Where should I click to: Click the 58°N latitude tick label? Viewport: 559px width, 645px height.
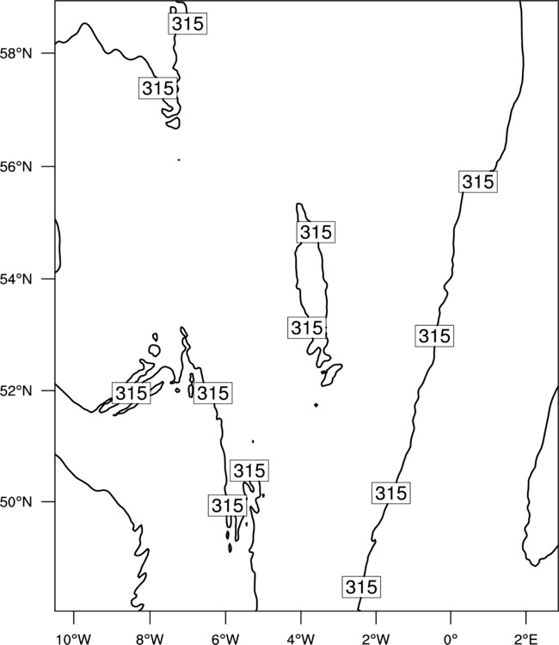[x=16, y=53]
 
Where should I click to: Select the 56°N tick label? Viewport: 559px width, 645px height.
[x=16, y=167]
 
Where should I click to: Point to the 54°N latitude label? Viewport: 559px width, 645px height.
[x=16, y=279]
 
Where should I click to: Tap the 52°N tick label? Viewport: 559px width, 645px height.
[x=16, y=390]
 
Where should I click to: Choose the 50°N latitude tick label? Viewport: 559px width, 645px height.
[x=16, y=502]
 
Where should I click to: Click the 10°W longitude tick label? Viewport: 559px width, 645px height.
[x=74, y=639]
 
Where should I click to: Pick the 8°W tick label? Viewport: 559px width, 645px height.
[x=150, y=639]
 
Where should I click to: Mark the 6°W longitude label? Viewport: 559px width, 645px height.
[x=225, y=639]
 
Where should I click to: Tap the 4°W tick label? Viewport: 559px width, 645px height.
[x=301, y=639]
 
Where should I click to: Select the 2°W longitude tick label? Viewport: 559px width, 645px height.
[x=376, y=639]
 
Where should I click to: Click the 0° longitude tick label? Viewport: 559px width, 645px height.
[x=451, y=639]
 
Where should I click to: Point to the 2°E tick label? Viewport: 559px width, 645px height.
[x=526, y=639]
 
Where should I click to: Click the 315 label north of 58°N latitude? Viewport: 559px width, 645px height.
[x=187, y=23]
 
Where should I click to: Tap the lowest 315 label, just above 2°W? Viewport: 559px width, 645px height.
[x=361, y=587]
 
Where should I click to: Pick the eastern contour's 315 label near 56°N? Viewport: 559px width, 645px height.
[x=477, y=181]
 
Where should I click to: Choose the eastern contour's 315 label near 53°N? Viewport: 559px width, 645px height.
[x=434, y=335]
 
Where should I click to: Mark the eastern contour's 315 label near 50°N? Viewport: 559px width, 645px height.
[x=390, y=493]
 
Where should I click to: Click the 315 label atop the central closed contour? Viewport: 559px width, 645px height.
[x=316, y=232]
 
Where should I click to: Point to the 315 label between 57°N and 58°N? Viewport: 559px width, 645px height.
[x=158, y=88]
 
